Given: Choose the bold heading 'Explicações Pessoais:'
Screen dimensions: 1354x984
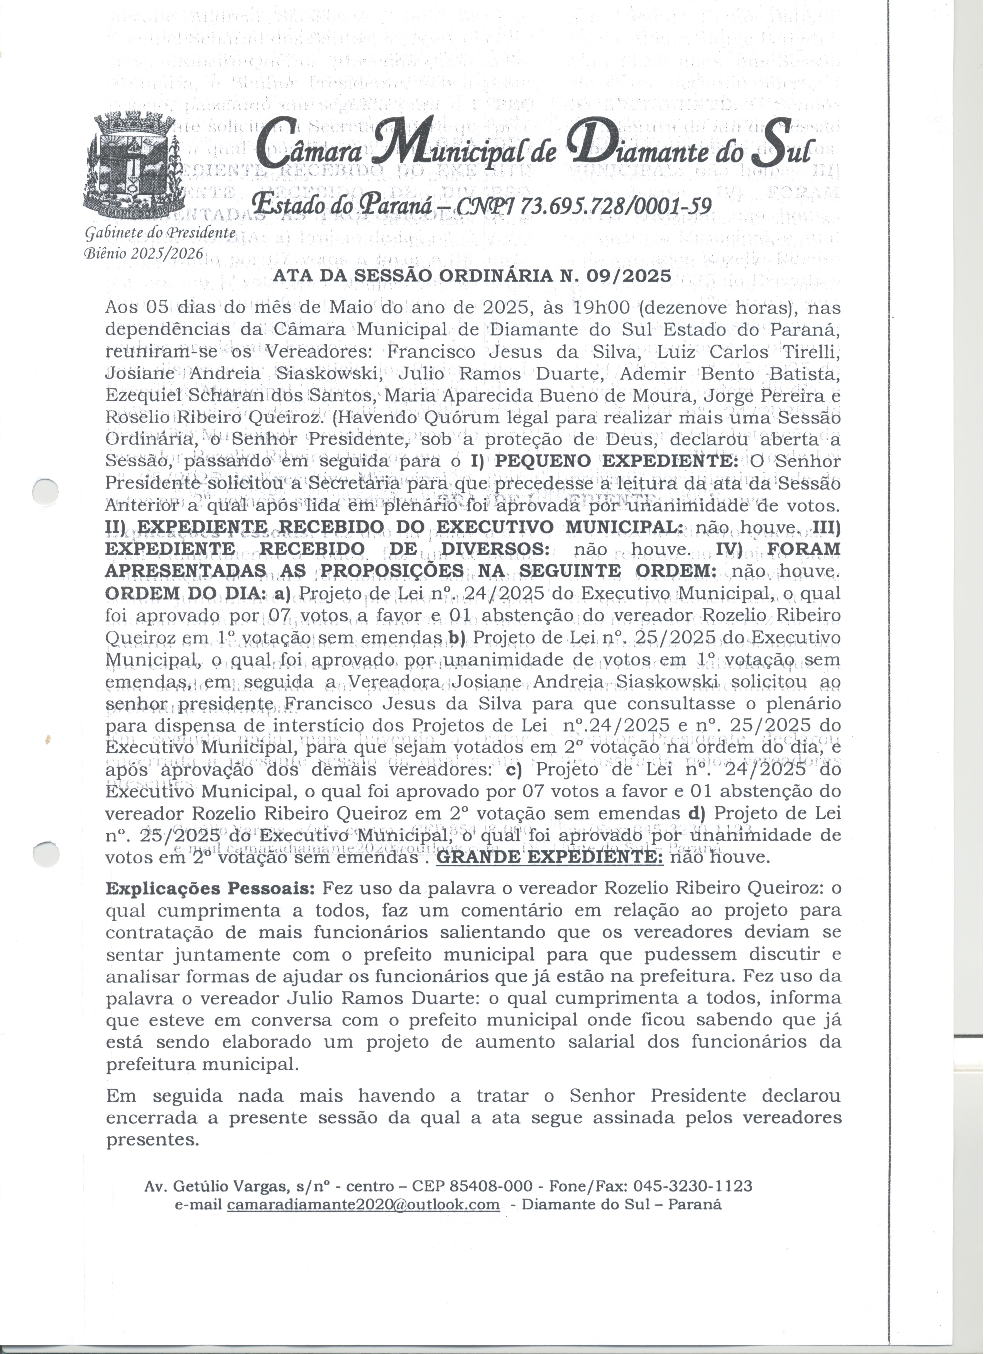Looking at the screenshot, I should (x=210, y=888).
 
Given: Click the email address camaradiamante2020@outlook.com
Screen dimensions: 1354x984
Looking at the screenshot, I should (x=363, y=1204).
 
